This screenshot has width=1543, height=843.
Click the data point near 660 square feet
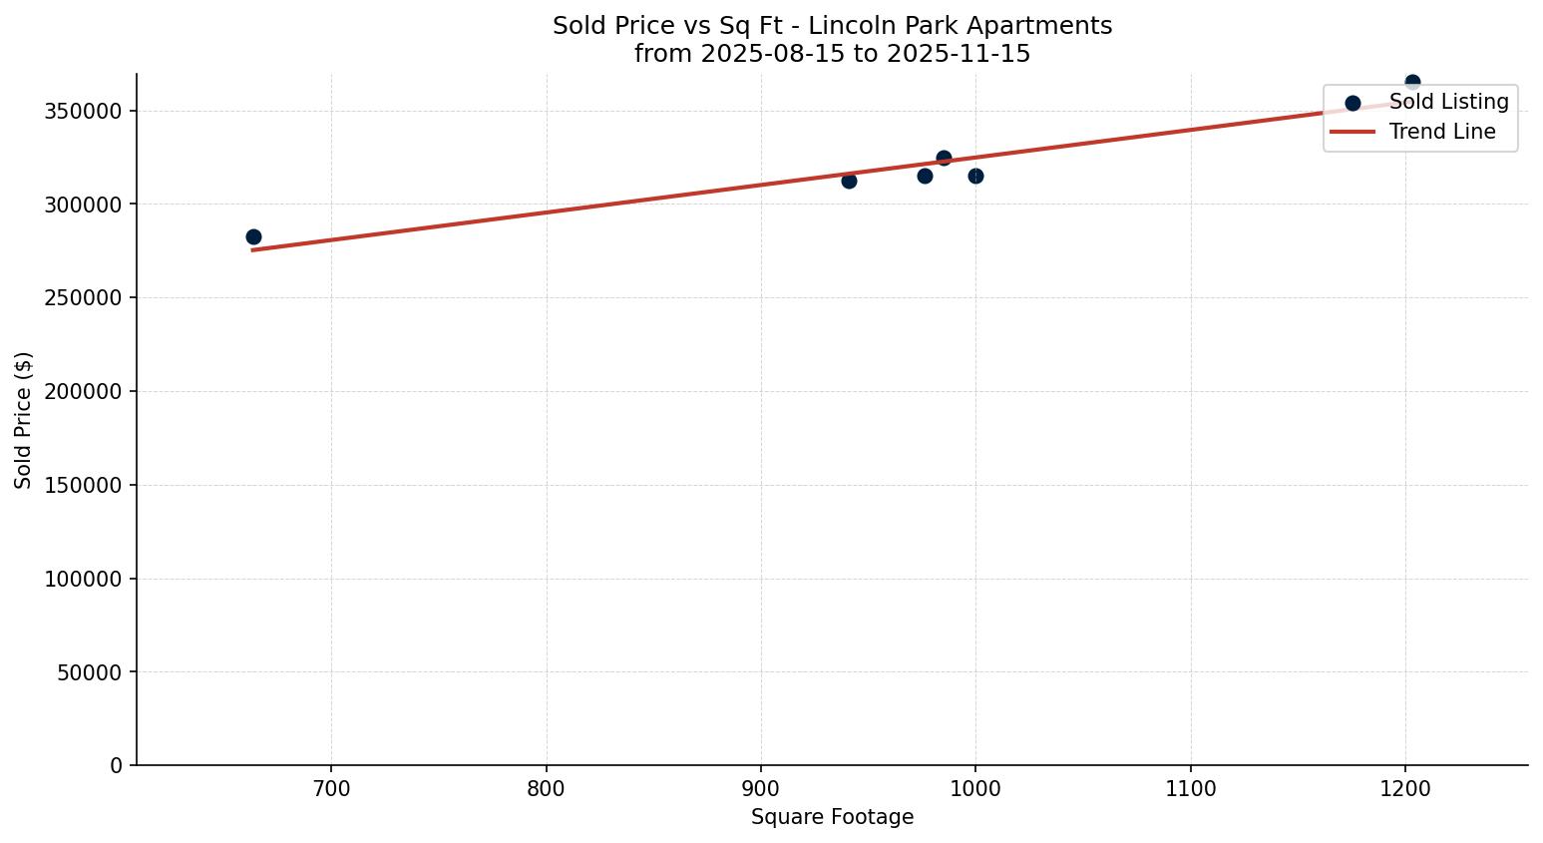253,236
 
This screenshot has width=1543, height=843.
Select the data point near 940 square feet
849,181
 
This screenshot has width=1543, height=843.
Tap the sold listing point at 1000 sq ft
975,176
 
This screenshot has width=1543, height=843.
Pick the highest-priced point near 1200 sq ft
1412,82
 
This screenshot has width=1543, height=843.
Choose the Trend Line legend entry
1442,132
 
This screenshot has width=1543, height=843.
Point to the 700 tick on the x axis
331,789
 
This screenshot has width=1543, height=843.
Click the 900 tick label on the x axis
761,789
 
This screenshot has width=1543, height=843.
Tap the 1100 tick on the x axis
1191,789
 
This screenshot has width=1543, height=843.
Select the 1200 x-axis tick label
1405,789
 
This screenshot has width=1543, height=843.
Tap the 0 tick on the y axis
117,766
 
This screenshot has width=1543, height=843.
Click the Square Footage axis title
832,818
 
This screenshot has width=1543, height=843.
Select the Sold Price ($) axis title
24,420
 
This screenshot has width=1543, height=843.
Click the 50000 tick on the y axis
89,672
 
